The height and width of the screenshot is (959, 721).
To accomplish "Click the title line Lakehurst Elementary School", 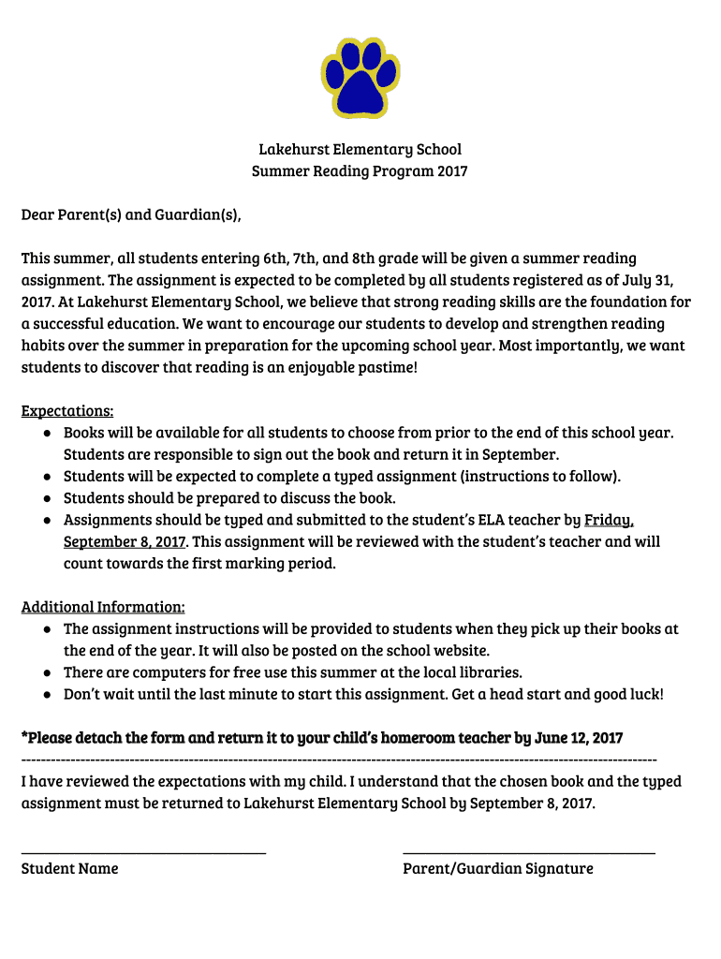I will (360, 150).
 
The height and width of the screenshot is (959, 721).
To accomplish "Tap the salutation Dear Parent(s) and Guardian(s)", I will (131, 215).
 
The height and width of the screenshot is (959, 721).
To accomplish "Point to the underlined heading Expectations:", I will (67, 411).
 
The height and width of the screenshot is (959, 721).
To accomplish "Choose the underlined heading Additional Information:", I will (103, 607).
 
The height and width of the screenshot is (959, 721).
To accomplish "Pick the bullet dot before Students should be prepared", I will (47, 499).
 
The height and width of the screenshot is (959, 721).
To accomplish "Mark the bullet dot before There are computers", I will (47, 673).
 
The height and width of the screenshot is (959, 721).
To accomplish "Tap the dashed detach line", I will (339, 759).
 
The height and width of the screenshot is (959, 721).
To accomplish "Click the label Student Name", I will (70, 869).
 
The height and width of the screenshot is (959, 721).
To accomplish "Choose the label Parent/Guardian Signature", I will (498, 869).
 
